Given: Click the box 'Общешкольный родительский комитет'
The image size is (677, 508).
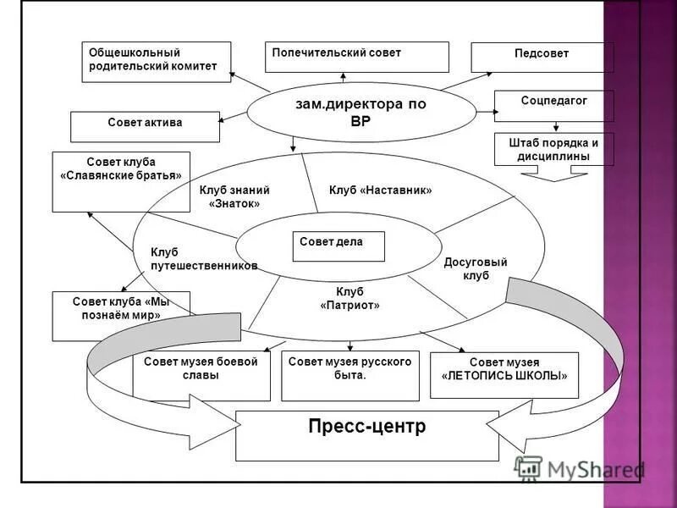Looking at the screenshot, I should [156, 62].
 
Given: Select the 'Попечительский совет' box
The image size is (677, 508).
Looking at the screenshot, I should [356, 57].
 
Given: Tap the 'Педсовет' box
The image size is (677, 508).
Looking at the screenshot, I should [542, 57].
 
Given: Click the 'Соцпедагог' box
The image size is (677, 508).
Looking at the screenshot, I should [553, 106].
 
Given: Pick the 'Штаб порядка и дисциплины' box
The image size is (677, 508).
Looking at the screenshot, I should [553, 149].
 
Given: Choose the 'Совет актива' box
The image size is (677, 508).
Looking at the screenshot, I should [145, 126].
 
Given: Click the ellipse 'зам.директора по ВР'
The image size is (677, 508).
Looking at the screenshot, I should [361, 112].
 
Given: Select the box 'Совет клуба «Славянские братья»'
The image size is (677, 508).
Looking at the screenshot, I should [121, 180].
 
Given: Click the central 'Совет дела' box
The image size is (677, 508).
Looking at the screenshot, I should [338, 246].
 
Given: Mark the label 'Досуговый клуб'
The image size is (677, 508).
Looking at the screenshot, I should [476, 268].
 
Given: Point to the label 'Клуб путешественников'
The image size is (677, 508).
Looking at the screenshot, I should [203, 259].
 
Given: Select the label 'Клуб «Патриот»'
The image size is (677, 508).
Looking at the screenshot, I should [350, 298].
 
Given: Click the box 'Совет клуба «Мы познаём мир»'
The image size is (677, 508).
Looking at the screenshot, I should [121, 315].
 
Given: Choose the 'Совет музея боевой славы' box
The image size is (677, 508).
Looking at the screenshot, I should [201, 376].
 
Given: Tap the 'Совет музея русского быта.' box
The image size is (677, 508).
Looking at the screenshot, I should [350, 376].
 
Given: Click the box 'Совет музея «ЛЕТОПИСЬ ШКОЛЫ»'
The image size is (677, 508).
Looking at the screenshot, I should [504, 374].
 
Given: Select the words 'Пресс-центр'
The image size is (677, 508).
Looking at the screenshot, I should [367, 427].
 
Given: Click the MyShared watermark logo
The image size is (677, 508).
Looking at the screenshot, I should [580, 470].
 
